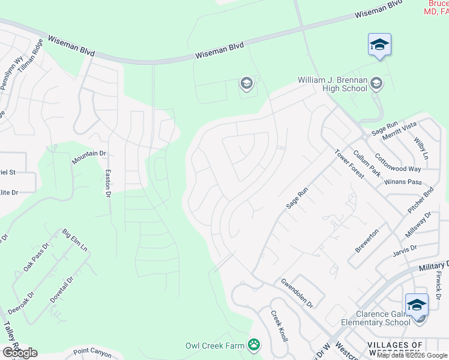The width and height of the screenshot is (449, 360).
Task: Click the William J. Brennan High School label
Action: (333, 84)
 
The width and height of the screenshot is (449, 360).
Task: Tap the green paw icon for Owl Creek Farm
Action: (255, 345)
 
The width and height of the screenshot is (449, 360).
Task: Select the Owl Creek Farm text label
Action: (215, 346)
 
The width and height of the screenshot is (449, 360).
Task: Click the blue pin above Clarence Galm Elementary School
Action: (417, 304)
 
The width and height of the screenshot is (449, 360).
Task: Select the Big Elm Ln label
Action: (75, 240)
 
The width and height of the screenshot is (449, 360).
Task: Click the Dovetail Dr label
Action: (65, 288)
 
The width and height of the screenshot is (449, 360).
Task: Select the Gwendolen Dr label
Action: (297, 292)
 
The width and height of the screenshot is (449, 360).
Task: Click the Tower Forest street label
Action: (349, 164)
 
